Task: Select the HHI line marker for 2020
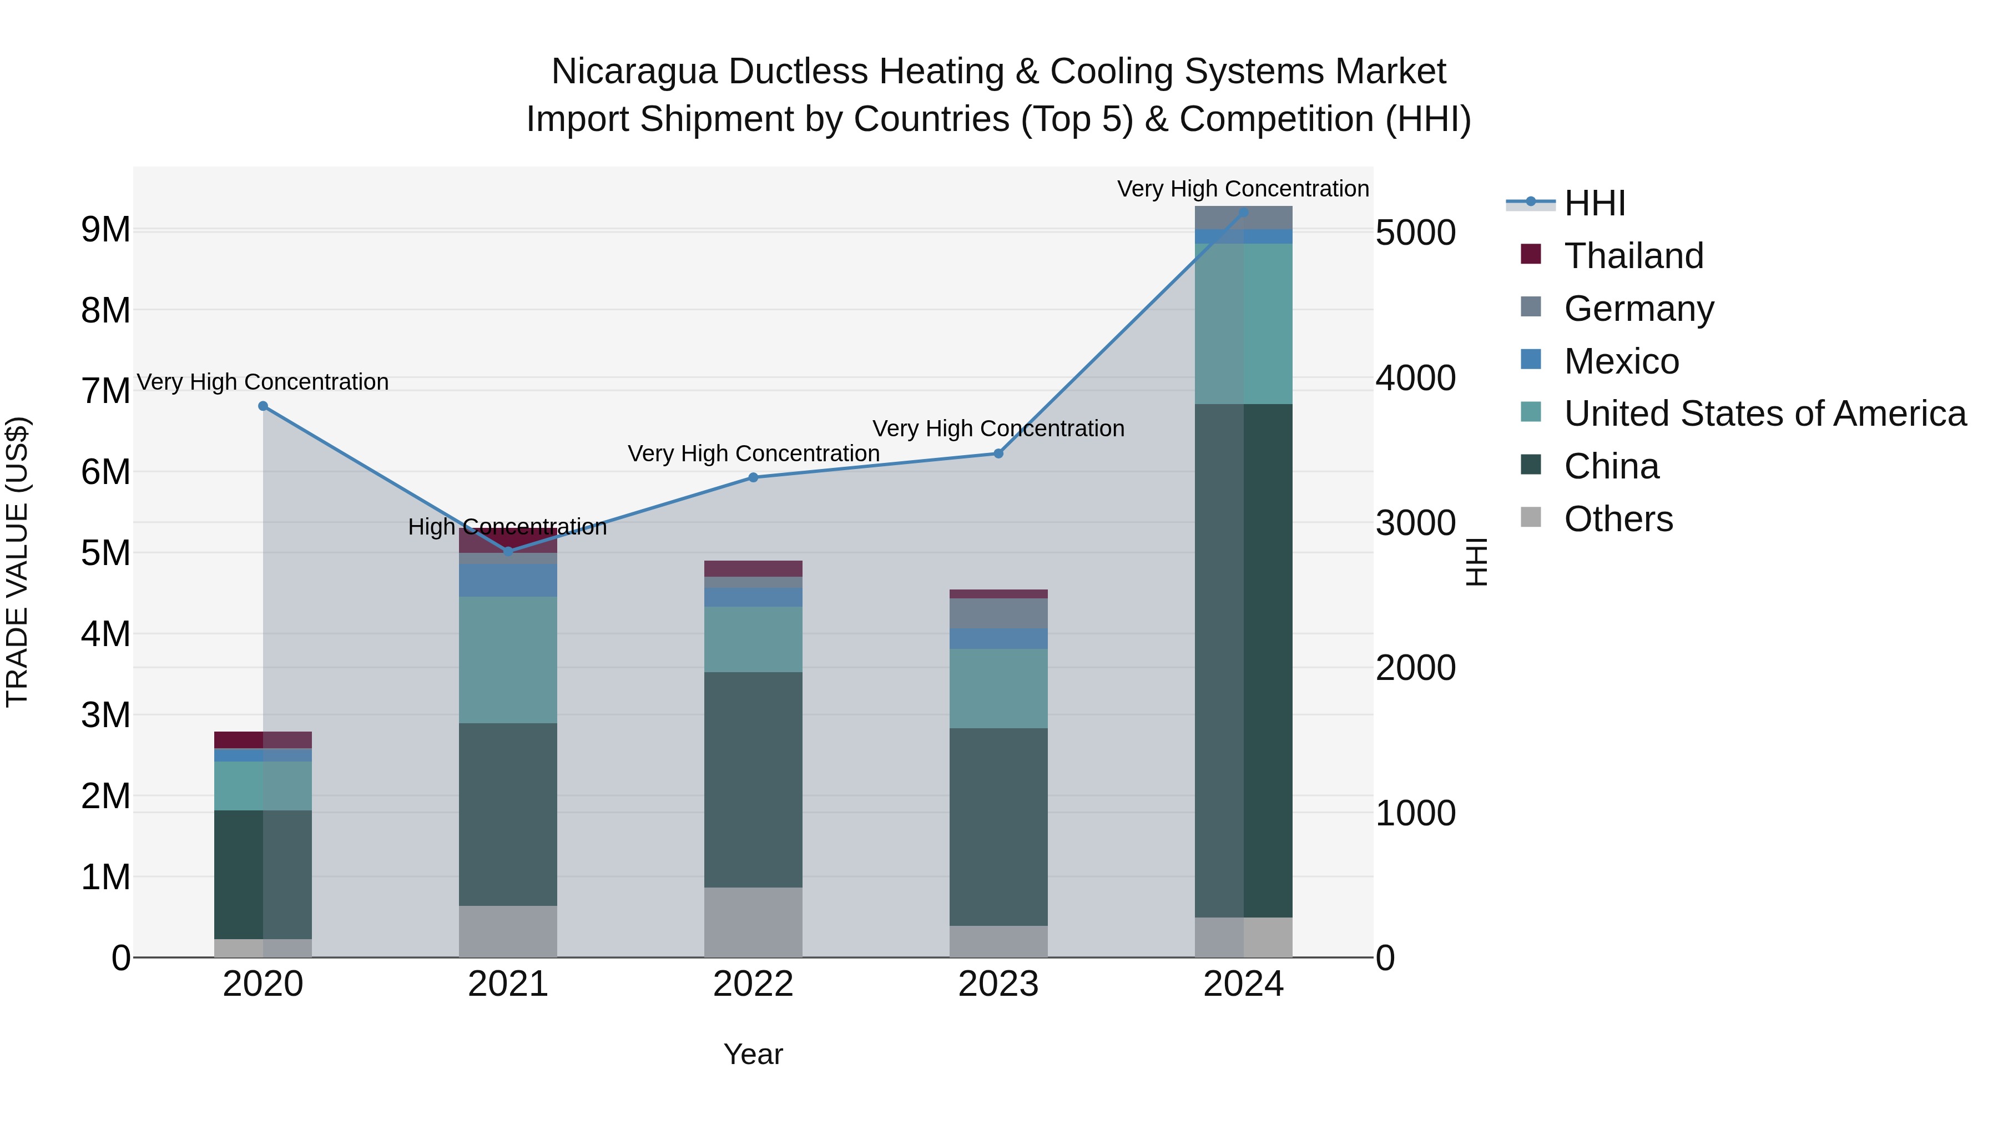pos(263,406)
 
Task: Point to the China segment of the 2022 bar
pos(753,780)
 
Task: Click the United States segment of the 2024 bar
pos(1243,324)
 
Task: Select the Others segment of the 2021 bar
pos(508,931)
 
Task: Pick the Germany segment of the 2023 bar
pos(998,613)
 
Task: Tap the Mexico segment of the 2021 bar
pos(508,580)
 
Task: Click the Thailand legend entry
pos(1633,256)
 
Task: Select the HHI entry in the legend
pos(1594,203)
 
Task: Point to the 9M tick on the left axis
pos(106,230)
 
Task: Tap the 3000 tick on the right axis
pos(1415,523)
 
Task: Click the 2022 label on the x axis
pos(753,984)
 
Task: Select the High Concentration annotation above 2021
pos(507,527)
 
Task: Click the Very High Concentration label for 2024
pos(1243,189)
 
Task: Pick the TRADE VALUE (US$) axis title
pos(17,562)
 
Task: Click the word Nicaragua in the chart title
pos(634,72)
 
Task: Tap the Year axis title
pos(753,1054)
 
